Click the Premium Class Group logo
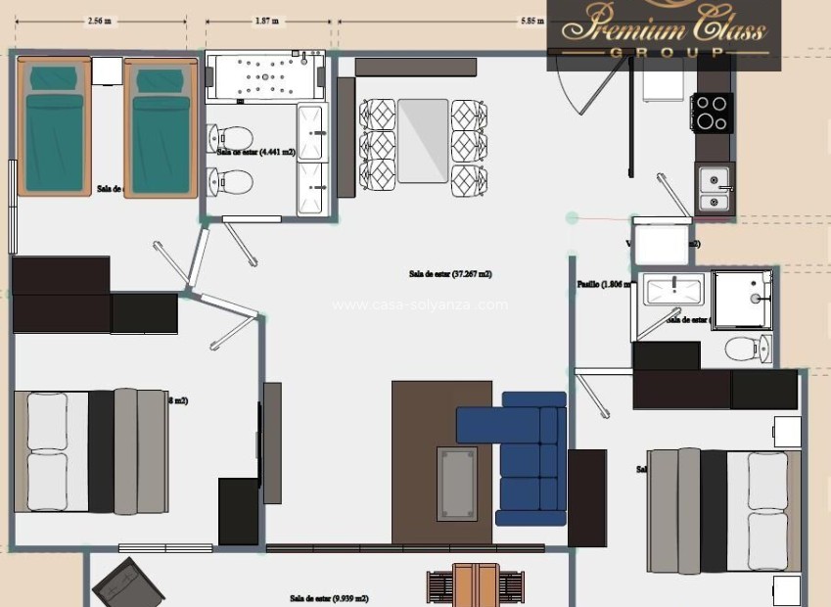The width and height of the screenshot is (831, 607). (663, 32)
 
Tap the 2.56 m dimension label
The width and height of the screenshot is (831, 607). (98, 20)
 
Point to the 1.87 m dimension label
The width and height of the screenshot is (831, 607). (265, 20)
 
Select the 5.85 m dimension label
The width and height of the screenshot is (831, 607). (532, 20)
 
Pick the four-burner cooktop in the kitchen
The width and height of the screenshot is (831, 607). (712, 112)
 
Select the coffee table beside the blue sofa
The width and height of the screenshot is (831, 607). (457, 484)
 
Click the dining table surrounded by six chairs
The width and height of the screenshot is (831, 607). (423, 140)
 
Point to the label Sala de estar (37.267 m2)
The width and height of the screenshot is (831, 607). (450, 274)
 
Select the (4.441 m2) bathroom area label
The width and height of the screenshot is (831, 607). (256, 152)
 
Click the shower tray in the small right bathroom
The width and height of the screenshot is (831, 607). (742, 299)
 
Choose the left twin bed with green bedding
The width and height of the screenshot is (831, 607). (54, 127)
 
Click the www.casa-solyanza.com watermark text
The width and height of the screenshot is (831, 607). (420, 304)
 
